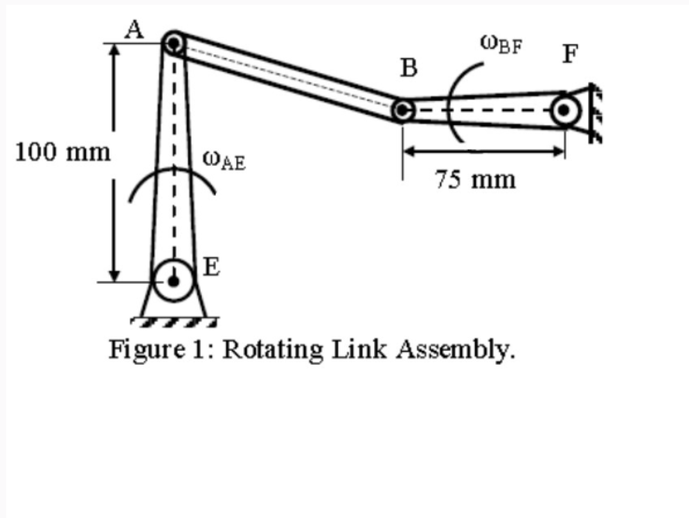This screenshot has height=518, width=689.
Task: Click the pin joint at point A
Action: [x=174, y=44]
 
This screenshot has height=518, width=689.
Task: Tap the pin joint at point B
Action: [x=402, y=109]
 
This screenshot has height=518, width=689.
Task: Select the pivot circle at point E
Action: [x=174, y=280]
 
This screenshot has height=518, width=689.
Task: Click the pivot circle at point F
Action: [x=566, y=109]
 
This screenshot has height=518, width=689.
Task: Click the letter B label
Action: [x=409, y=68]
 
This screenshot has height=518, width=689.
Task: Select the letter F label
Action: [x=570, y=54]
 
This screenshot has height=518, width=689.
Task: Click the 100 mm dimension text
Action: [x=63, y=152]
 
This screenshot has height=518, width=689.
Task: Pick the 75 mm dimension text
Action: [x=476, y=179]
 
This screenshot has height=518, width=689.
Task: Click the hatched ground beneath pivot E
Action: [x=174, y=321]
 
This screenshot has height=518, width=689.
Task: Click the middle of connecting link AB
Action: [x=287, y=76]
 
